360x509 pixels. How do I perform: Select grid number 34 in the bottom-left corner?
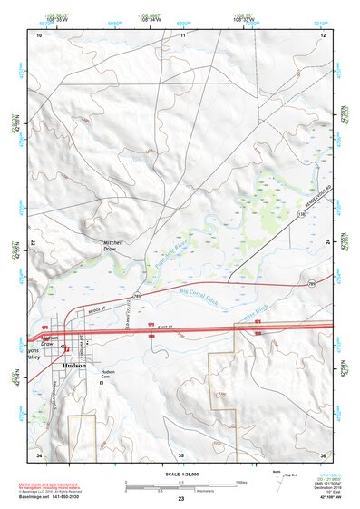(39, 453)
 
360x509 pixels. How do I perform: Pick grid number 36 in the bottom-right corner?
(322, 453)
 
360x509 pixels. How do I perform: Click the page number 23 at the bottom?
(180, 500)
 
